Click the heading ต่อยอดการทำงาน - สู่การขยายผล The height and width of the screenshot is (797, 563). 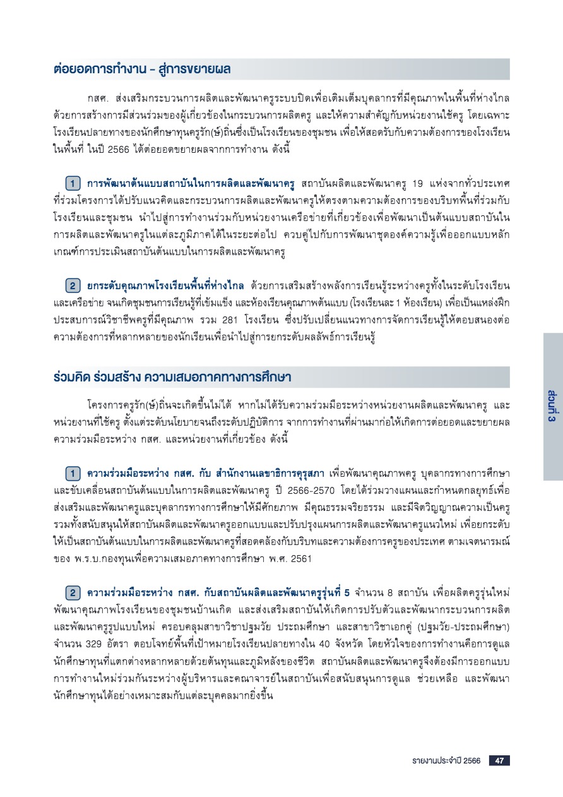coord(142,69)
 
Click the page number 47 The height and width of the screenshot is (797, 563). coord(498,760)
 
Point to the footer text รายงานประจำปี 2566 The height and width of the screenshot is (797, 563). coord(444,760)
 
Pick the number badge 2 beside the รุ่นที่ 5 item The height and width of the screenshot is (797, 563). coord(73,593)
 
